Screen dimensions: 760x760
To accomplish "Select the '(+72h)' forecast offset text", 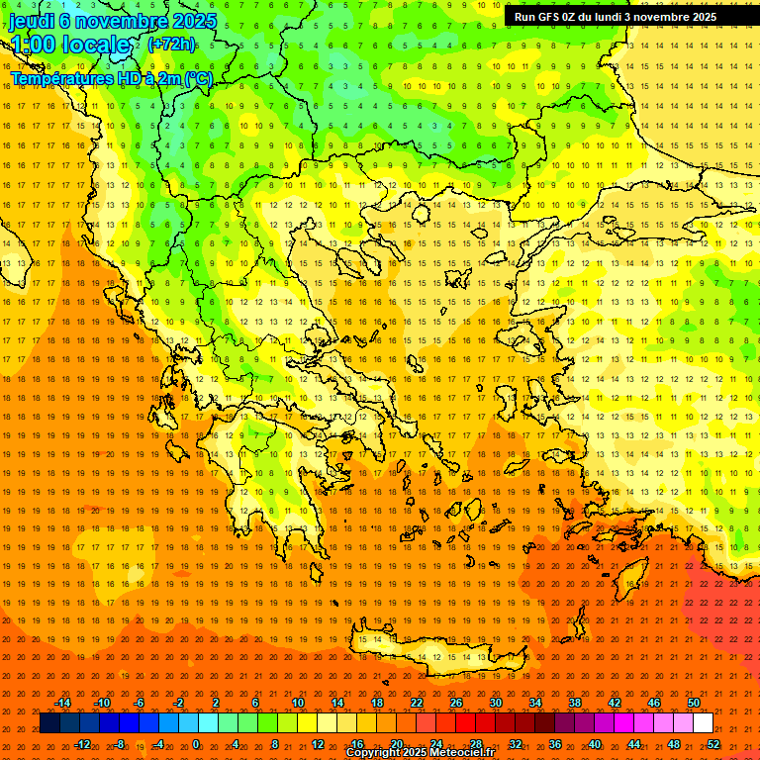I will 171,45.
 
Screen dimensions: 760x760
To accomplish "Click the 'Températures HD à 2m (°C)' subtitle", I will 112,78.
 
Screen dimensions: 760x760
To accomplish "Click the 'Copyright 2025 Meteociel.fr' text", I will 420,753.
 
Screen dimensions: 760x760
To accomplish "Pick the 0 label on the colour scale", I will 196,744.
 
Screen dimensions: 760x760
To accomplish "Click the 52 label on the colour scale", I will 713,744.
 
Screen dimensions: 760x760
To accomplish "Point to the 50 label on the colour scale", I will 694,703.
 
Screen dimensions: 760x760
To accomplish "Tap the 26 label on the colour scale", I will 456,703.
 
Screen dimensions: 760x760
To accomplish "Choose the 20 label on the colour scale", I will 396,744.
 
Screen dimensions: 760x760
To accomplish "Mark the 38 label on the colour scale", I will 575,703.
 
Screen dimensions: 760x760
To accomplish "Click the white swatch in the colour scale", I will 703,723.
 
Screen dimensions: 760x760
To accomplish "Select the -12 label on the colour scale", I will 82,744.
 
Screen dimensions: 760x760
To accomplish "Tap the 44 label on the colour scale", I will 634,744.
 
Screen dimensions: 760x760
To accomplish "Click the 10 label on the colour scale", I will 298,703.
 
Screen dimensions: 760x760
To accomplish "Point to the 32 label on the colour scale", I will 516,744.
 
